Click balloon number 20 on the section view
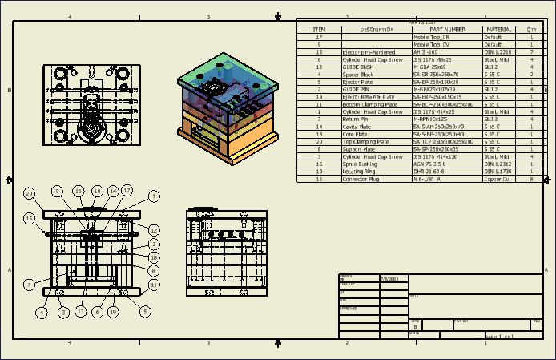tap(30, 193)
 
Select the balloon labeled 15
tap(30, 217)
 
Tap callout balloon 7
tap(29, 284)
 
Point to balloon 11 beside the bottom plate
tap(154, 284)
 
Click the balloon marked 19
tap(113, 312)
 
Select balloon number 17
tap(127, 191)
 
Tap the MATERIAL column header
tap(498, 29)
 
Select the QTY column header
tap(531, 29)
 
